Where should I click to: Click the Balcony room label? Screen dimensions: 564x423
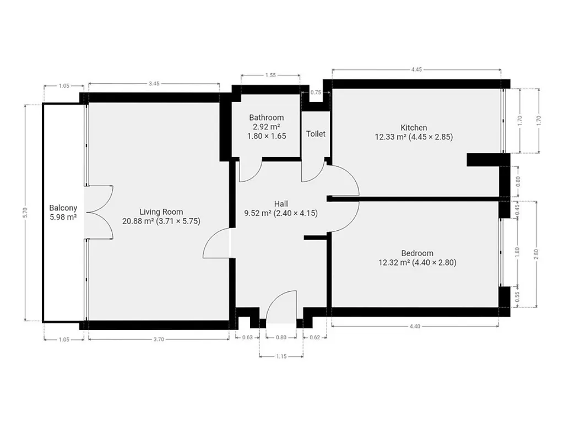[x=63, y=208]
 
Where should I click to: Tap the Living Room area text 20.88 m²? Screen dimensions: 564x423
[x=138, y=221]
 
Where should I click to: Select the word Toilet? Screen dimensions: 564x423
[x=316, y=134]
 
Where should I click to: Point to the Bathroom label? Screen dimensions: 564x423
[x=267, y=118]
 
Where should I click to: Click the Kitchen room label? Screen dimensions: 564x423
[x=414, y=128]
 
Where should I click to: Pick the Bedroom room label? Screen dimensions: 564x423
[x=417, y=253]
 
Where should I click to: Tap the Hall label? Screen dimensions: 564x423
[x=281, y=204]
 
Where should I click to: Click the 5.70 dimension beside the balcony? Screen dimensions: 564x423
[x=25, y=213]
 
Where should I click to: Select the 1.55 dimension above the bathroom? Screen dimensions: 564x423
[x=270, y=75]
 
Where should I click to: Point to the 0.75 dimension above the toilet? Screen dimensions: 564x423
[x=316, y=93]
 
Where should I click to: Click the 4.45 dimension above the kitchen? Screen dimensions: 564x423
[x=416, y=69]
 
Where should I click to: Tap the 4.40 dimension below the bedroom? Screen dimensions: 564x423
[x=415, y=326]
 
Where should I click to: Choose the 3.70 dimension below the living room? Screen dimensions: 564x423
[x=159, y=339]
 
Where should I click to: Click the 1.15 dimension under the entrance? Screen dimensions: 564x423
[x=281, y=356]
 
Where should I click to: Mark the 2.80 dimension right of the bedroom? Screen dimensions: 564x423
[x=536, y=254]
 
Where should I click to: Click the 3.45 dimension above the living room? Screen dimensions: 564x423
[x=154, y=84]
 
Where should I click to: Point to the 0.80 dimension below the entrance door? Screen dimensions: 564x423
[x=281, y=338]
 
